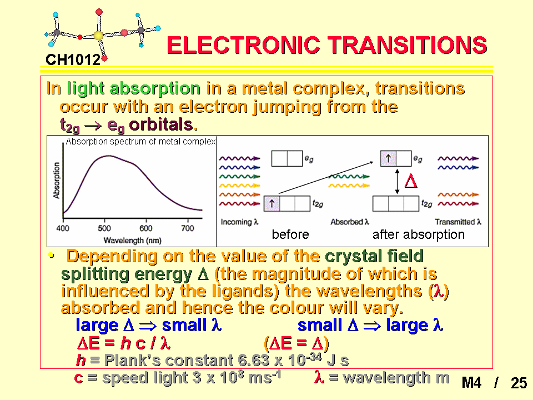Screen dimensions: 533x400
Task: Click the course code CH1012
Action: [x=73, y=59]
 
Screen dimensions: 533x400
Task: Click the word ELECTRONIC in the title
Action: [x=243, y=45]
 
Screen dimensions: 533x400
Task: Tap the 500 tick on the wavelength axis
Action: [x=104, y=228]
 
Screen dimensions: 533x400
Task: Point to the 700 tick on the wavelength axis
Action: [x=187, y=228]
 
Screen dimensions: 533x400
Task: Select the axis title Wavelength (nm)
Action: [x=132, y=241]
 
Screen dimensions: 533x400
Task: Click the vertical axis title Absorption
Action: [x=57, y=180]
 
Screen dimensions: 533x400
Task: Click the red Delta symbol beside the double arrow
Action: [x=411, y=181]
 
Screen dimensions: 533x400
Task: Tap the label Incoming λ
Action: [x=240, y=222]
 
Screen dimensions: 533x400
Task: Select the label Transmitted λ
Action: [x=458, y=222]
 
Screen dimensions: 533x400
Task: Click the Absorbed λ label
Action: [x=350, y=222]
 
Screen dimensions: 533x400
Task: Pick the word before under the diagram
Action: [x=290, y=234]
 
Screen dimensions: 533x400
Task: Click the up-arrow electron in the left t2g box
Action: [x=271, y=203]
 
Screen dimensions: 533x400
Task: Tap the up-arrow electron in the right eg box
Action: [x=388, y=158]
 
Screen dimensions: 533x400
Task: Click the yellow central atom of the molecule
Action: [x=98, y=36]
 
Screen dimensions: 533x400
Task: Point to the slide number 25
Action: [x=519, y=383]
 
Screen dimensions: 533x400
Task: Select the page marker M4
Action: [x=471, y=383]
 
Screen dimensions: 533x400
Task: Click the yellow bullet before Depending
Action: [x=51, y=255]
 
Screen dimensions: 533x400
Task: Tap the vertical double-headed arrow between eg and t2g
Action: [x=397, y=181]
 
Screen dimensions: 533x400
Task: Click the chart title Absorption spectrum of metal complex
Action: [x=140, y=142]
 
